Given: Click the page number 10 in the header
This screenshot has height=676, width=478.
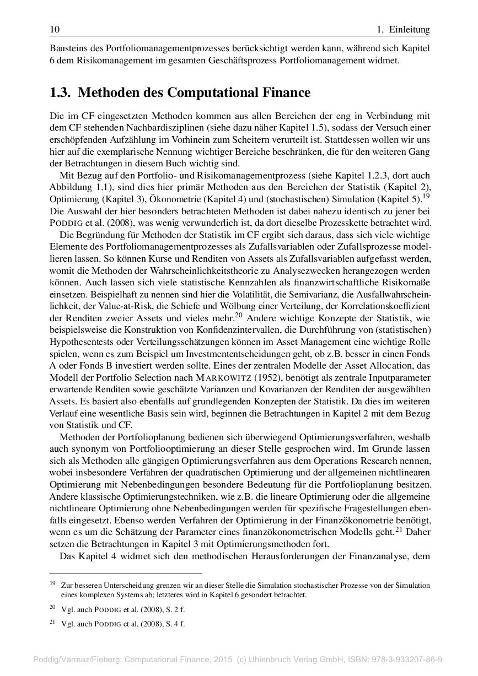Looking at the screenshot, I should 54,29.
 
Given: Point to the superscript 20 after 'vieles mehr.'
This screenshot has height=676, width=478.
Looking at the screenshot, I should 239,315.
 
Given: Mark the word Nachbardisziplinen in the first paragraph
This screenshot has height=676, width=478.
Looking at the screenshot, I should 151,127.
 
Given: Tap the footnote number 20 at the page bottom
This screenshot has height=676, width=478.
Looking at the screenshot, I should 52,607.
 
